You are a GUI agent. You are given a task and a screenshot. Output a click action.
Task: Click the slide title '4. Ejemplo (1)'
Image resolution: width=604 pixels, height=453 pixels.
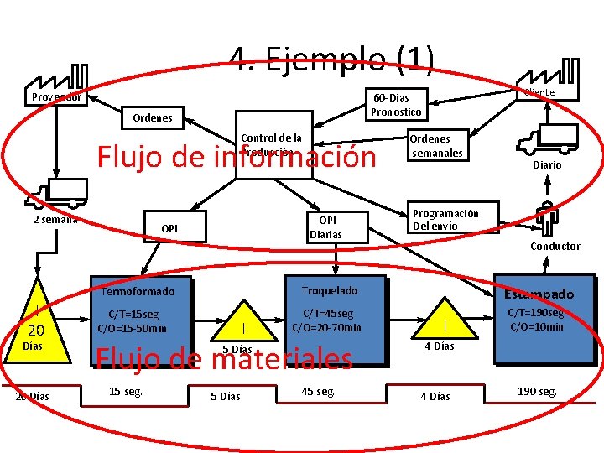[x=332, y=59]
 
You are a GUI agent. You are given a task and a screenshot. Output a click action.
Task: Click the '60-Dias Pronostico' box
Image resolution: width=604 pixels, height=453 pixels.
[x=397, y=105]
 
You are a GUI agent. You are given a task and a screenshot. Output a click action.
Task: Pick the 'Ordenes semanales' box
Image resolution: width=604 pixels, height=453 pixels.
[x=435, y=145]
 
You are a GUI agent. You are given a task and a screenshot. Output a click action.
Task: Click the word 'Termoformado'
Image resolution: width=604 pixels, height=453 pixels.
[x=138, y=292]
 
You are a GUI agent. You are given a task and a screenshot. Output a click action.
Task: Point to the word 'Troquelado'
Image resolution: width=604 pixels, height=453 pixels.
[x=330, y=290]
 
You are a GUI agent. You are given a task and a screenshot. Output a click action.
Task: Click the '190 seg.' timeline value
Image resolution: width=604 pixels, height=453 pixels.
[x=537, y=392]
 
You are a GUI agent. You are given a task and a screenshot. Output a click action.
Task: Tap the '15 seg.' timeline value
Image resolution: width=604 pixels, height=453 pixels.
[x=126, y=391]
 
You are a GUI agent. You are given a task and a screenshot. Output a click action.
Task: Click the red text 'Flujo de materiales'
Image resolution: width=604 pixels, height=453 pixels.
[x=224, y=359]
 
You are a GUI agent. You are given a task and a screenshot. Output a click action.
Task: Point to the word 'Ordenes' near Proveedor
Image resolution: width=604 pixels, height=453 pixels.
[x=153, y=118]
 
